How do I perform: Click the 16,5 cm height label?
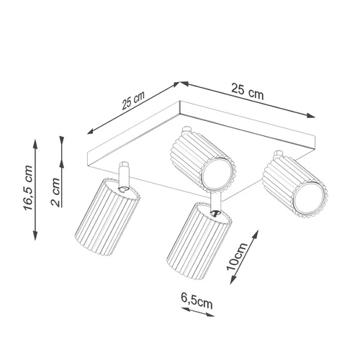tap(27, 189)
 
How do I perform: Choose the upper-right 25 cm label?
tap(247, 91)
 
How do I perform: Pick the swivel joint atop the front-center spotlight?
tap(214, 210)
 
